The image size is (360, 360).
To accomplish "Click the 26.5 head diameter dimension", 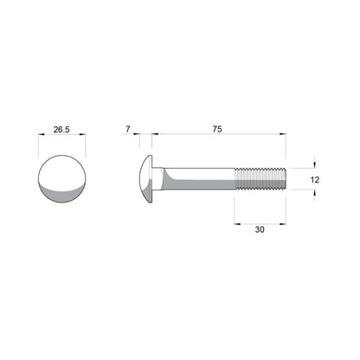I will click(x=61, y=129).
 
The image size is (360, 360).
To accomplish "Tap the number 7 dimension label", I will click(x=128, y=129).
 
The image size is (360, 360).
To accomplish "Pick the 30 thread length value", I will click(x=260, y=231).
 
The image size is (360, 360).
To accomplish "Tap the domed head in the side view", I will click(x=145, y=180).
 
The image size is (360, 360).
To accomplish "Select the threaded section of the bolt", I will click(x=260, y=180).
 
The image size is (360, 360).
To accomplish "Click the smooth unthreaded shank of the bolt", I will click(x=199, y=180).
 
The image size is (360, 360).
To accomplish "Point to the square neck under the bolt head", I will click(x=158, y=180).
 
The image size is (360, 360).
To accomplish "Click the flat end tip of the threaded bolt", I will click(x=284, y=180).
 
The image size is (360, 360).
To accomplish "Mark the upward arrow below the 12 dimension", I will click(x=314, y=196).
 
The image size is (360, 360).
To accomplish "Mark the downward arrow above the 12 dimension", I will click(x=314, y=164).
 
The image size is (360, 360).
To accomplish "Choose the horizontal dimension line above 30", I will click(x=260, y=222).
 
